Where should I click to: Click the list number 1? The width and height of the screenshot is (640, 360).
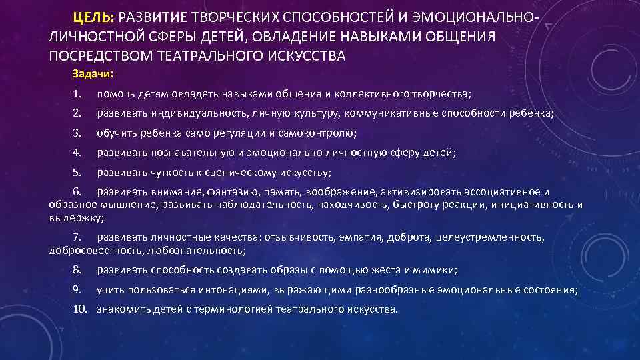coord(77,94)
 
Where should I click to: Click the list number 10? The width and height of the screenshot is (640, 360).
coord(80,309)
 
